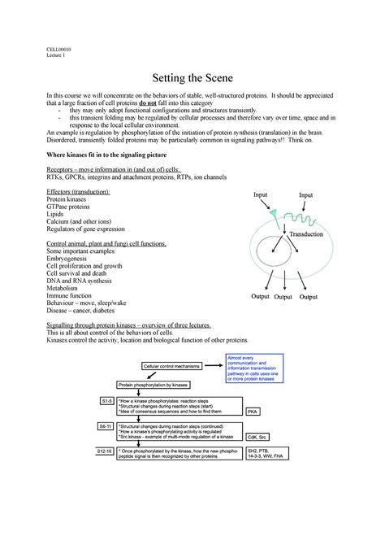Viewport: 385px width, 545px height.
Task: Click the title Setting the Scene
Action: tap(192, 80)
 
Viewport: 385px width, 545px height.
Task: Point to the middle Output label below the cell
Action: tap(283, 297)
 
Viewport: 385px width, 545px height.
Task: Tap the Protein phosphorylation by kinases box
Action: tap(154, 384)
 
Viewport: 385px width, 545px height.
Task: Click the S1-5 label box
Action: tap(106, 401)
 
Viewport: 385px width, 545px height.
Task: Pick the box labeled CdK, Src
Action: tap(259, 435)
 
